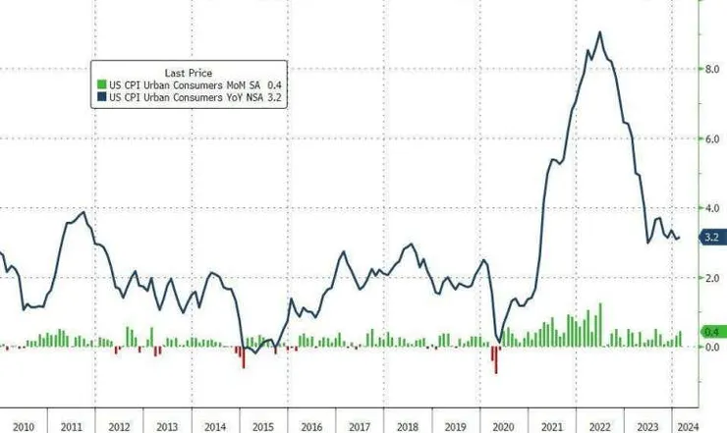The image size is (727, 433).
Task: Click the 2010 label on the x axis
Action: coord(23,425)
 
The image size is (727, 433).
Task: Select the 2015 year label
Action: coord(262,425)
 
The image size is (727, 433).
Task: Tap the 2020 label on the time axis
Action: coord(503,425)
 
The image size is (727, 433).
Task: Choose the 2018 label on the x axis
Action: coord(407,425)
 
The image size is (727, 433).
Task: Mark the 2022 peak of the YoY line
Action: coord(599,33)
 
